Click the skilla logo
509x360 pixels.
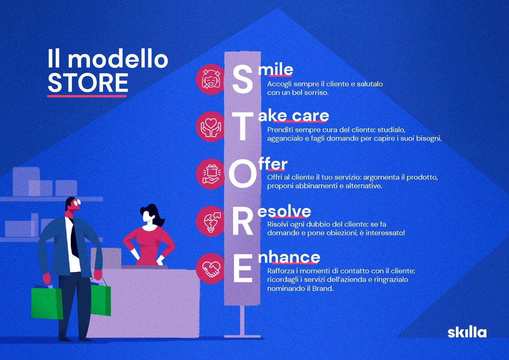(467, 333)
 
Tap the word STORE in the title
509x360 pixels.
(88, 82)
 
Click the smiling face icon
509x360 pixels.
(211, 79)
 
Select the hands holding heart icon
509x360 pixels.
(211, 127)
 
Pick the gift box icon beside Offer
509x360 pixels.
(211, 174)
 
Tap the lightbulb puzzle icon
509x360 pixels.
(211, 221)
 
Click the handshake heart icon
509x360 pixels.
(211, 269)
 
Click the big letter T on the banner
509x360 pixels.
(242, 127)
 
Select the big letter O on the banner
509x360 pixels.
(242, 173)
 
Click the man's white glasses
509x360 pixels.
(77, 202)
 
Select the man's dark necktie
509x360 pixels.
(74, 236)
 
